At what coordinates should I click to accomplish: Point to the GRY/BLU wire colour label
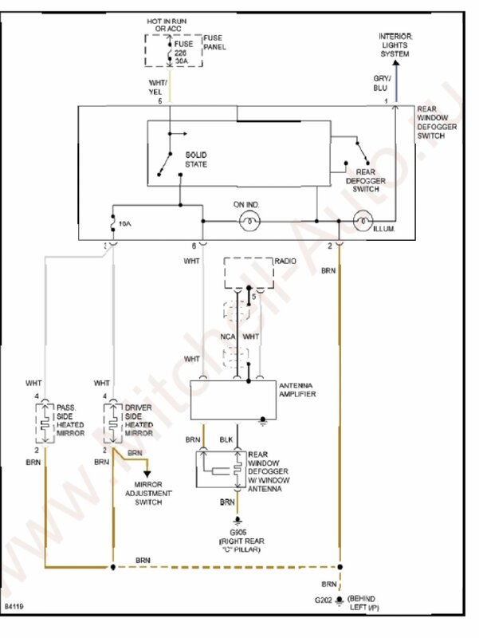(x=381, y=85)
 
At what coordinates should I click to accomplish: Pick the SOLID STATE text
(x=196, y=159)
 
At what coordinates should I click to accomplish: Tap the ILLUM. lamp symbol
(x=362, y=221)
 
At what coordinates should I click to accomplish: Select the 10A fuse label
(x=124, y=226)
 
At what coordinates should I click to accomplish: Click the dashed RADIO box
(x=249, y=273)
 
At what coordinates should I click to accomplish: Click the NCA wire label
(x=228, y=337)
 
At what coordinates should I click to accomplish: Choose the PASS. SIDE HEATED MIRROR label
(x=69, y=421)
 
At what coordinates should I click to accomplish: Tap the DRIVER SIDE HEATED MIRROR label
(x=139, y=421)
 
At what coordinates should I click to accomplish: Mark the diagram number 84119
(x=14, y=608)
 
